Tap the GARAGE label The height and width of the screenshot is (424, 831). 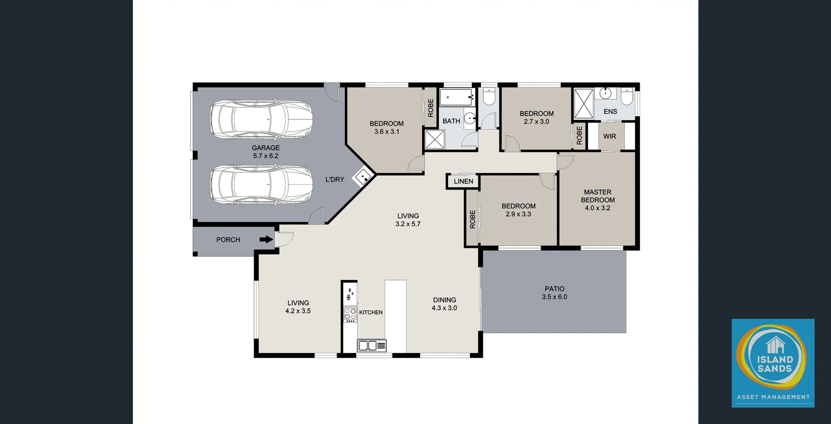click(x=265, y=148)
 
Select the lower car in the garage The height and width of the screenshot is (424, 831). click(x=261, y=184)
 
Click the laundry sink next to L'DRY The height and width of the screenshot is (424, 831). click(x=363, y=177)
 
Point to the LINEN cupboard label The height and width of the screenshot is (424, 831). click(x=463, y=181)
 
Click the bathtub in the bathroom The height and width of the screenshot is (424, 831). click(x=456, y=97)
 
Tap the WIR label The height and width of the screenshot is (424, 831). click(x=609, y=136)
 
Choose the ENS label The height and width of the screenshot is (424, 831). click(x=610, y=112)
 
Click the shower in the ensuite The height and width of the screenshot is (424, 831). click(x=583, y=104)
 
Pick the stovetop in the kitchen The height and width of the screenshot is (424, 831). click(x=350, y=315)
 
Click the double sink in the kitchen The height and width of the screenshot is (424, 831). click(x=367, y=346)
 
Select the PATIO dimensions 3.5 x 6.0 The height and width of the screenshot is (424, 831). click(x=554, y=297)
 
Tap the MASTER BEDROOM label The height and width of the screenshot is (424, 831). click(x=598, y=196)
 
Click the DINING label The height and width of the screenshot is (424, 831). click(x=444, y=300)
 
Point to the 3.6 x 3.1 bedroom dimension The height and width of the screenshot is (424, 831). click(x=387, y=132)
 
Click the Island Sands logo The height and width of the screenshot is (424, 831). click(x=773, y=363)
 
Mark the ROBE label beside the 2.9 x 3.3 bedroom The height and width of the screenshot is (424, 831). click(x=472, y=219)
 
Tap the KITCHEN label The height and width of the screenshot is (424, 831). click(x=370, y=312)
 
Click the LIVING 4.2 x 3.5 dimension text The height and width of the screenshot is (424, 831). click(x=298, y=311)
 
